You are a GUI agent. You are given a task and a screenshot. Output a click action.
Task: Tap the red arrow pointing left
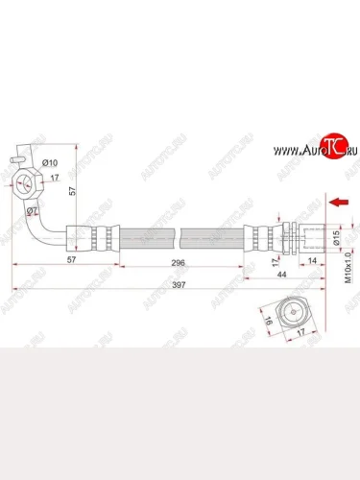point(338,203)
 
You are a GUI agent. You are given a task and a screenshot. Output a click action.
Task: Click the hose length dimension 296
point(174,262)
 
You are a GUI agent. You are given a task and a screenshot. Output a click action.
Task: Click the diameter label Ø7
point(32,210)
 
